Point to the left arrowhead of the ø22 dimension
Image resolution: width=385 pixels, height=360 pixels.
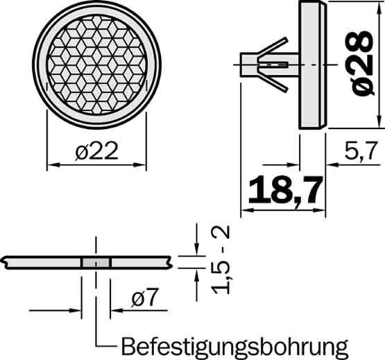pos(51,166)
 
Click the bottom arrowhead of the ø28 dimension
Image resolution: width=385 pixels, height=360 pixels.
pos(380,123)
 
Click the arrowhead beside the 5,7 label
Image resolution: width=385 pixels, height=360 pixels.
pos(331,165)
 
